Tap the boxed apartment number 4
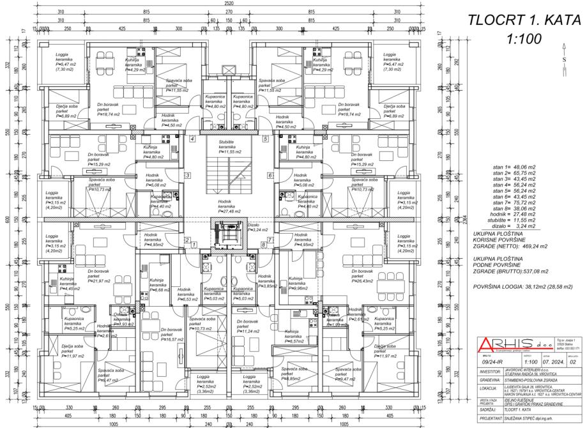click(192, 139)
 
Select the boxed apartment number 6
click(270, 174)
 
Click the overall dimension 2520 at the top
click(228, 4)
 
